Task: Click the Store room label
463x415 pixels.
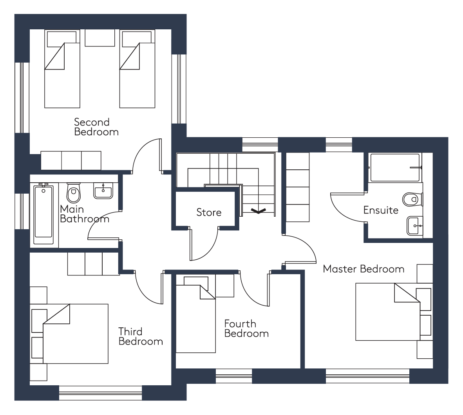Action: (x=209, y=212)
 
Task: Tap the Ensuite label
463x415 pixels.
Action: (x=381, y=210)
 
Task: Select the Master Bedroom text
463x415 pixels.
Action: (x=364, y=269)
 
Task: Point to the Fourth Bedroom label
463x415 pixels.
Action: (x=246, y=329)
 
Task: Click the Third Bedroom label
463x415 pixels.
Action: (x=141, y=336)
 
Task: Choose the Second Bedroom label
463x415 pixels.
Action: (x=96, y=127)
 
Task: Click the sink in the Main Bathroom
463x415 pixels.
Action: (x=103, y=191)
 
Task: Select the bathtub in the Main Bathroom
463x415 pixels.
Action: (x=44, y=214)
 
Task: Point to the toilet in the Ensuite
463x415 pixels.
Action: (x=412, y=199)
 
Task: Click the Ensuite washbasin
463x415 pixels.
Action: (x=414, y=226)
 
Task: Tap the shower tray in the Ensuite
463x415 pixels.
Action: (x=395, y=167)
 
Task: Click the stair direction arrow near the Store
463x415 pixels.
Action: (x=259, y=211)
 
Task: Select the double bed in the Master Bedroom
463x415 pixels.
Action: (x=388, y=312)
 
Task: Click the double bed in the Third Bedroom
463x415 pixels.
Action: (x=76, y=334)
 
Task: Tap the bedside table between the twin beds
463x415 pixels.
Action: (x=100, y=38)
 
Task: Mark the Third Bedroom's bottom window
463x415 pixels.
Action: (x=100, y=393)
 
